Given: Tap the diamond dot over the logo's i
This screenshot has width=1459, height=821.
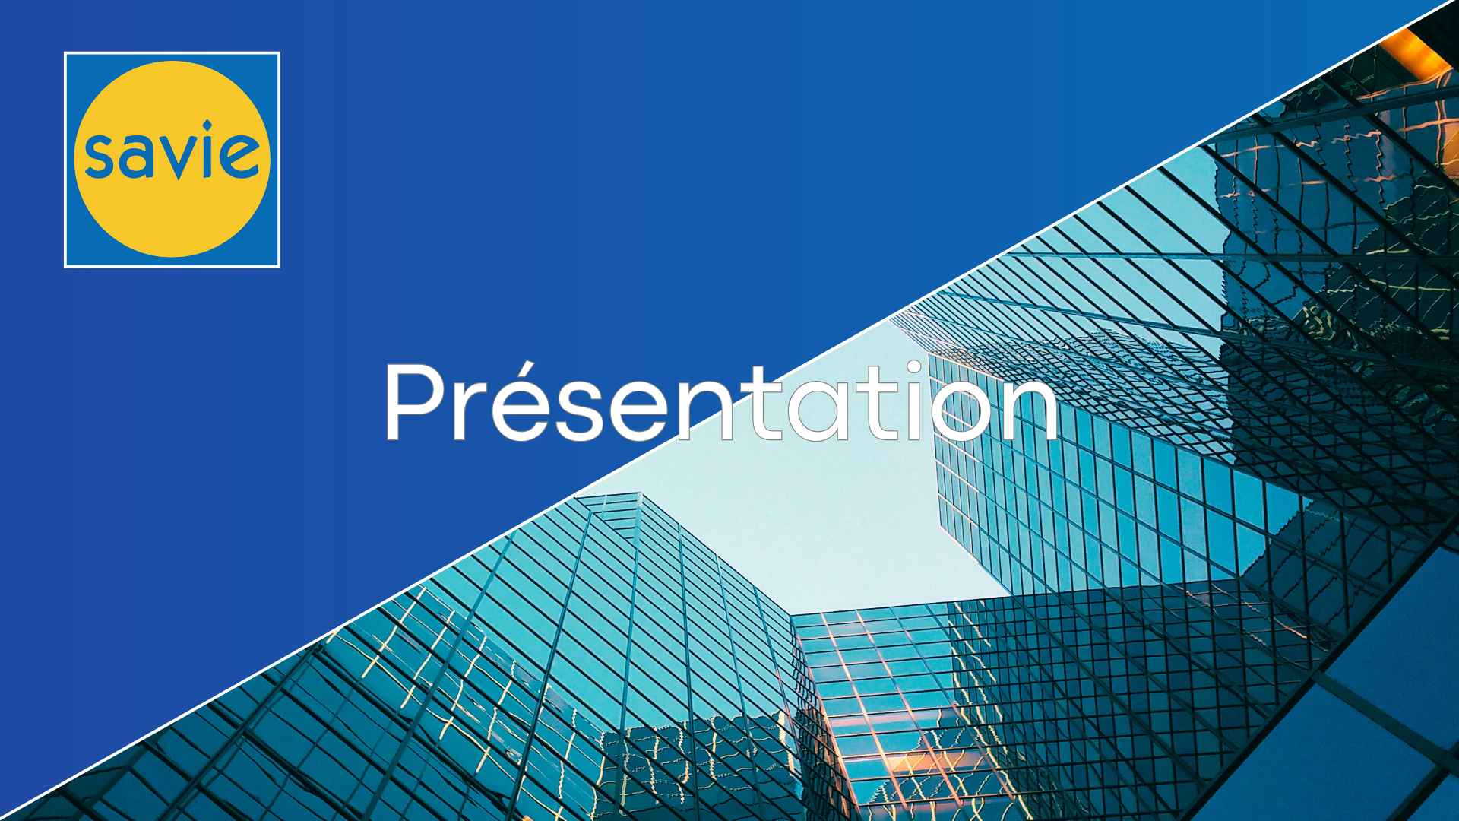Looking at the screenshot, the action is coord(207,125).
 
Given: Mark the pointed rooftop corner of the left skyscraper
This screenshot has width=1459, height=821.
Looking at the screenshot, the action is coord(637,494).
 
